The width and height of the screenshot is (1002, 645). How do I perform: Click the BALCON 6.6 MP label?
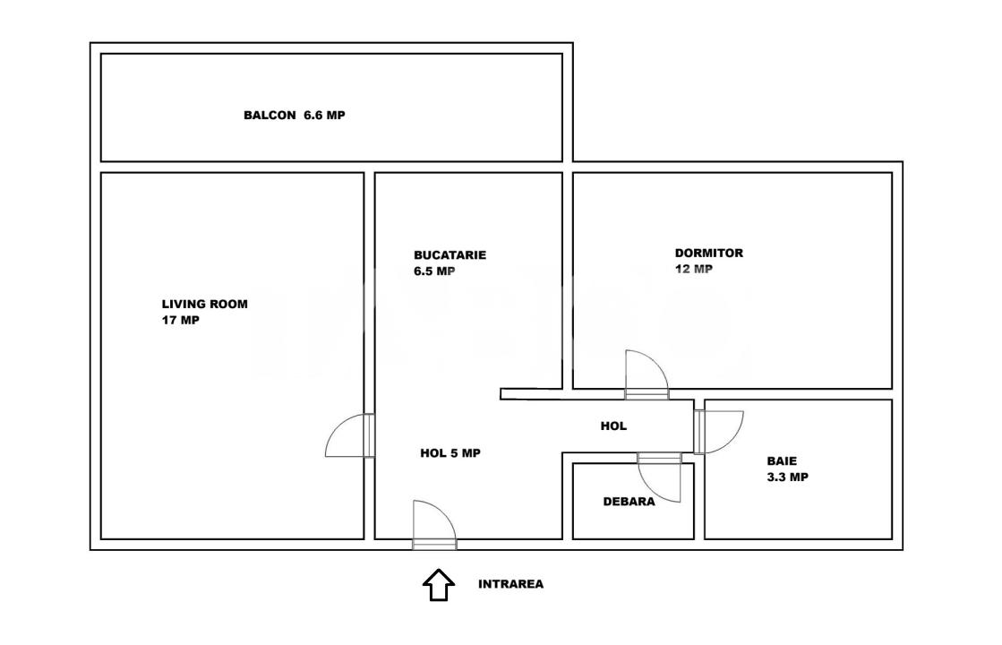[294, 116]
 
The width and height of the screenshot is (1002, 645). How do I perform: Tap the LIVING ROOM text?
[204, 305]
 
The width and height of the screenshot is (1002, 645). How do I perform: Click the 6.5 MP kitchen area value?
[434, 271]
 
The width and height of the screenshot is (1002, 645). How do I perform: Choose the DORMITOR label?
[709, 254]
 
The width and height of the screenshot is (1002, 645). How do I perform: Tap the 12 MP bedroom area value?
[693, 269]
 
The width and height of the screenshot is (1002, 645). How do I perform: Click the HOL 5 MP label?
[450, 453]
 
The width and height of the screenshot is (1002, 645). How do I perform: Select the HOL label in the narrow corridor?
[613, 426]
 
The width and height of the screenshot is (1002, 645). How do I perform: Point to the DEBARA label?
[629, 502]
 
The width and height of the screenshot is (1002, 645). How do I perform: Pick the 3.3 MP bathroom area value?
[787, 477]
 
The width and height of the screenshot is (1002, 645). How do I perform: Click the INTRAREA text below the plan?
[510, 584]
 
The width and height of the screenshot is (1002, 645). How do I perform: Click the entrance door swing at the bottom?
[434, 521]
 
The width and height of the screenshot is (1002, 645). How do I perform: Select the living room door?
[349, 436]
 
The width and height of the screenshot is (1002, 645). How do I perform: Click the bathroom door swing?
[719, 431]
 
